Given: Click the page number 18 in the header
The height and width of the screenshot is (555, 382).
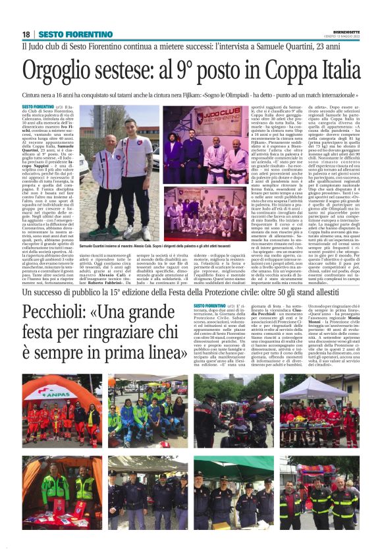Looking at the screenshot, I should tap(26, 34).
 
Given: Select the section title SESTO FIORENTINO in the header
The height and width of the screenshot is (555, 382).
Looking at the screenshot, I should tap(66, 34).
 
